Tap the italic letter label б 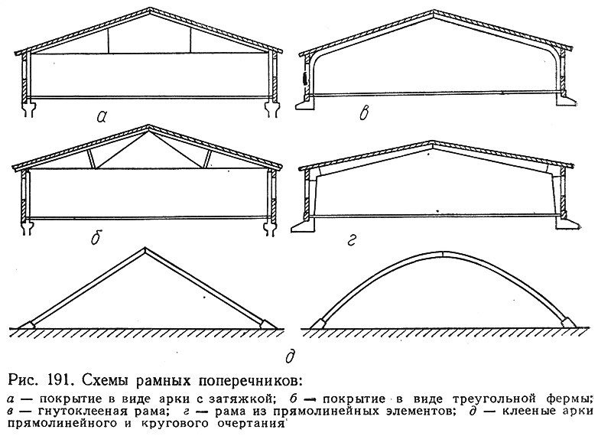[96, 238]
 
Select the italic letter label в [365, 113]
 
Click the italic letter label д [291, 356]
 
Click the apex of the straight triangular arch [145, 249]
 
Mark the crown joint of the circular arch [443, 255]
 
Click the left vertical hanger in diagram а [108, 41]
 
